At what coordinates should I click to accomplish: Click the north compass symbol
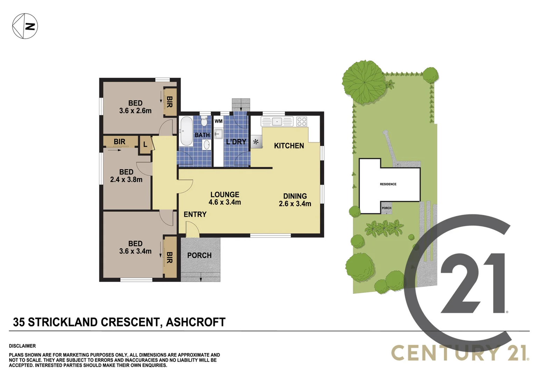coord(25,26)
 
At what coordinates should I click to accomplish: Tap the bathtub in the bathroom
coord(186,131)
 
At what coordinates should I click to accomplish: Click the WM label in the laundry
coord(218,121)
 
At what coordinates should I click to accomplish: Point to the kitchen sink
coord(277,121)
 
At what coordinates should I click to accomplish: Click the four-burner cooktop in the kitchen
coord(302,121)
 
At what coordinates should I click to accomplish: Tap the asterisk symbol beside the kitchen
coord(256,142)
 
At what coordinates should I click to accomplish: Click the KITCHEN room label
coord(289,146)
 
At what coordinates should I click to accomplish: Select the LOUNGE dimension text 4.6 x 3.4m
coord(225,202)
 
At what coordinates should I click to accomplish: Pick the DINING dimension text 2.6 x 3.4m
coord(295,204)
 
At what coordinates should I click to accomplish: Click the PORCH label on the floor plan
coord(199,255)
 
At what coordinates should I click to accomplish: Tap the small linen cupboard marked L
coord(145,144)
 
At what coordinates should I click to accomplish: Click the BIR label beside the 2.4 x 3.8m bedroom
coord(119,142)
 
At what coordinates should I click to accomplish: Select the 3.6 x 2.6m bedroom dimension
coord(135,111)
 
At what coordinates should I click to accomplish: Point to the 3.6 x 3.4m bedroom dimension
coord(135,251)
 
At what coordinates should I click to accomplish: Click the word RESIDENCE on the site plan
coord(388,184)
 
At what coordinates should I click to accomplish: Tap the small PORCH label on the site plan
coord(386,208)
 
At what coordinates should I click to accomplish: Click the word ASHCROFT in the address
coord(196,322)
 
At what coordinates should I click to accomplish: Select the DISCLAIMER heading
coord(22,346)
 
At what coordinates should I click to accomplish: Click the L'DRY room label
coord(236,142)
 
